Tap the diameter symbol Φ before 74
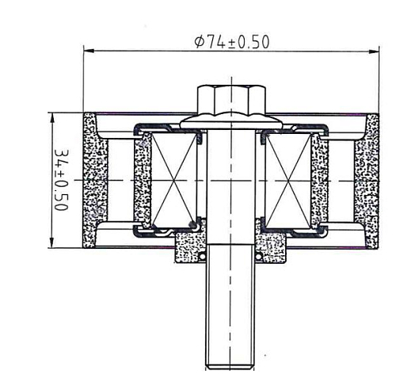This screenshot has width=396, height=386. (199, 43)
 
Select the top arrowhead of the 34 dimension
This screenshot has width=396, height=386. (51, 116)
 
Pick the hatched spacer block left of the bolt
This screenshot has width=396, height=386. (190, 242)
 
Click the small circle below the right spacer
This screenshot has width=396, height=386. (257, 256)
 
